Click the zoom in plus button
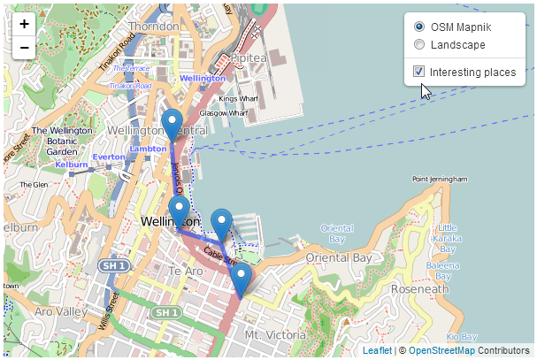[x=24, y=24]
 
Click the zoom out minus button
[x=24, y=47]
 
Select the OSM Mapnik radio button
[x=418, y=27]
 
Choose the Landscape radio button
[x=418, y=44]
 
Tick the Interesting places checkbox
[x=418, y=72]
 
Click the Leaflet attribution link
[x=377, y=351]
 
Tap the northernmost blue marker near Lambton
[x=173, y=126]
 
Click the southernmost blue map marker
[x=240, y=280]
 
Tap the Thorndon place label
[x=154, y=27]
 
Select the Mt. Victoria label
[x=274, y=335]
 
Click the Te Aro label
[x=186, y=271]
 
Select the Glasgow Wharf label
[x=224, y=112]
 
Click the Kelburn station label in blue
[x=71, y=165]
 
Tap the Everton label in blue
[x=109, y=157]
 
